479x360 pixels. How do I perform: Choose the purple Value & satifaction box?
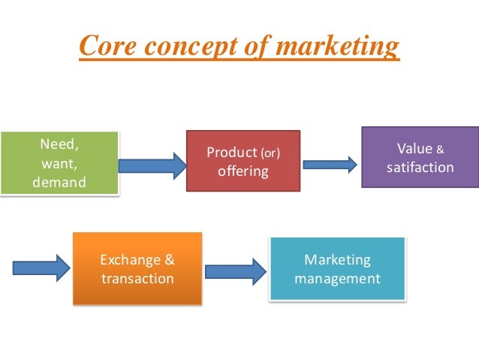tap(420, 156)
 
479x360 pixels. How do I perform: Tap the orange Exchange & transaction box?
tap(137, 268)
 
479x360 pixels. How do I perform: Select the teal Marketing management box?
tap(337, 268)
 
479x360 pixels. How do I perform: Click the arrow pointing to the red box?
tap(152, 165)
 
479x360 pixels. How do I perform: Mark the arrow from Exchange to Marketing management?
tap(236, 271)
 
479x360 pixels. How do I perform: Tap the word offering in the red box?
tap(243, 171)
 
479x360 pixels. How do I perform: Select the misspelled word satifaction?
tap(420, 167)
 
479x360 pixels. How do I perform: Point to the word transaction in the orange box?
tap(137, 279)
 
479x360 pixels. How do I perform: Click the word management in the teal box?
tap(337, 279)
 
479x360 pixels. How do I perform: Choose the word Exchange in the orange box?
tap(131, 260)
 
